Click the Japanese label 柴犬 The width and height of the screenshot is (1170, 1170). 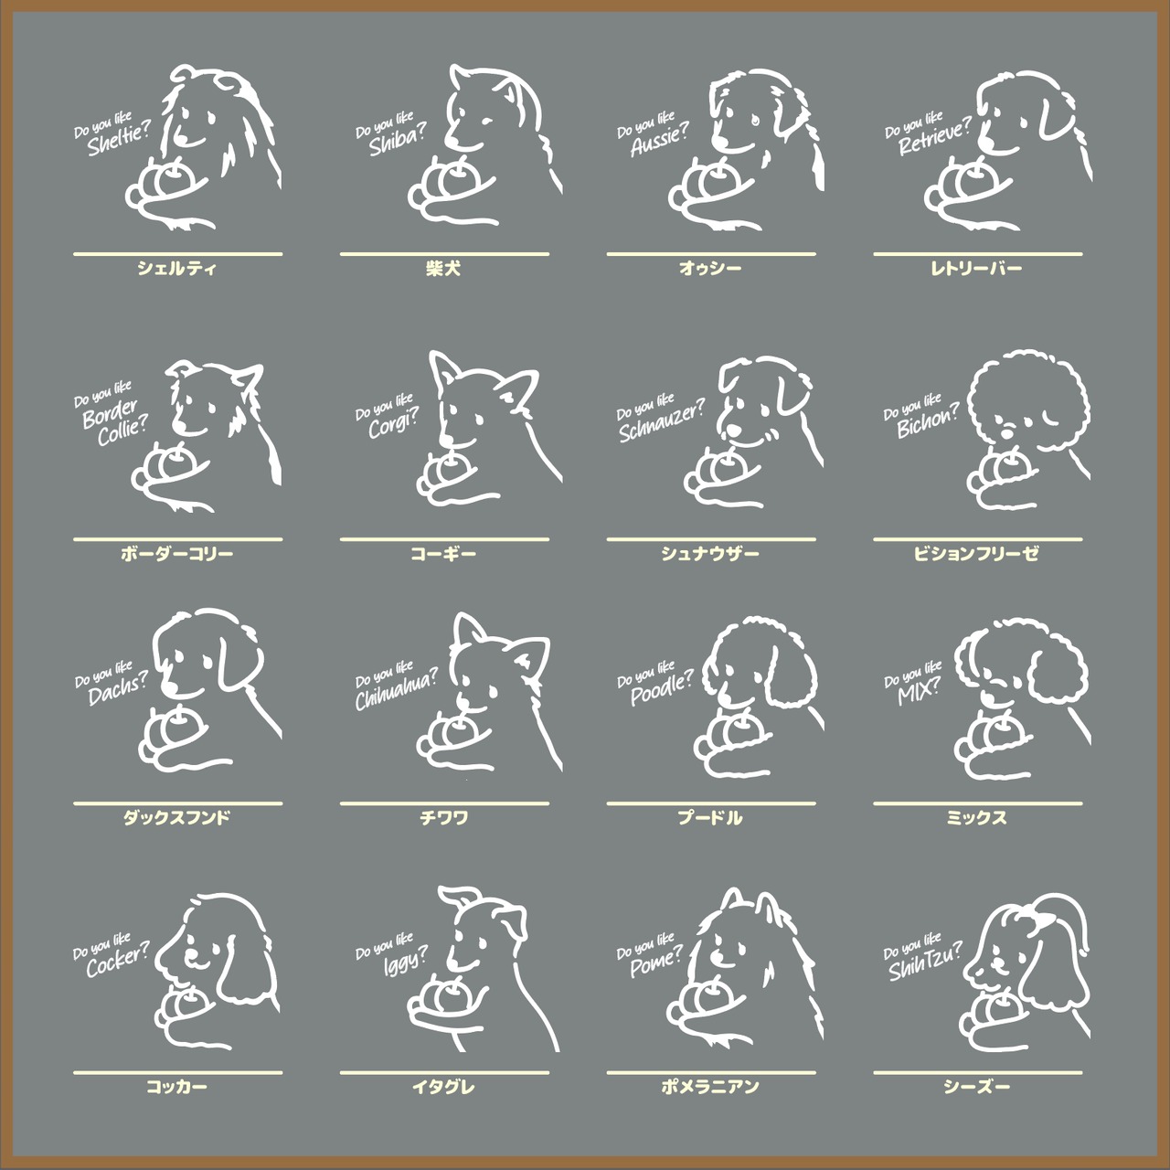[x=444, y=269]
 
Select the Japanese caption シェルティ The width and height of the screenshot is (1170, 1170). [x=176, y=269]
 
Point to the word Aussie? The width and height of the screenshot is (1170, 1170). [x=660, y=140]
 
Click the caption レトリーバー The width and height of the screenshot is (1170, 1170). [x=976, y=269]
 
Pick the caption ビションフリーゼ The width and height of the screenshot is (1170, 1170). [x=976, y=553]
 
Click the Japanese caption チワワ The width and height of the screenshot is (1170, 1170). [x=444, y=817]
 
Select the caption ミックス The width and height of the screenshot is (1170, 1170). [x=976, y=817]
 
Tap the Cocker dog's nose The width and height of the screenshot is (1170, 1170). [x=163, y=961]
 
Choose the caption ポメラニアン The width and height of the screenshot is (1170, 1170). [x=710, y=1086]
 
